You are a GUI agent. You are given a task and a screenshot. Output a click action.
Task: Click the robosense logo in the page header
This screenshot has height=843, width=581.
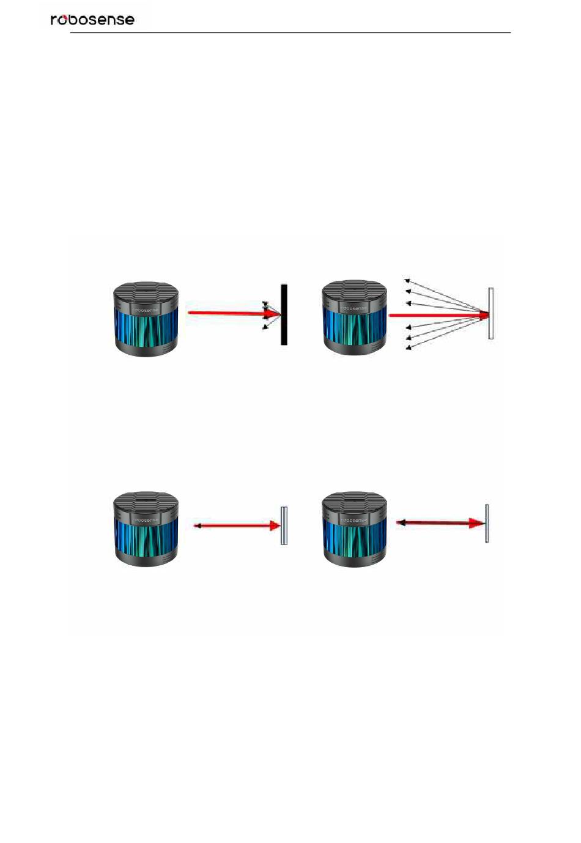(92, 20)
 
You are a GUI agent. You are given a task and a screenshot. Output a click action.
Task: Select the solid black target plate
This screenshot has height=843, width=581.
(284, 314)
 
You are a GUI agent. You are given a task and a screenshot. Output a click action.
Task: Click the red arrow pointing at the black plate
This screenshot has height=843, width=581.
(232, 313)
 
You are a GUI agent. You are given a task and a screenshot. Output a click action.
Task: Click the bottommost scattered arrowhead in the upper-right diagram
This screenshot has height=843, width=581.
(408, 347)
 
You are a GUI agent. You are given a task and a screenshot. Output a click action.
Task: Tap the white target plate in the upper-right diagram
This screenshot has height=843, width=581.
(490, 313)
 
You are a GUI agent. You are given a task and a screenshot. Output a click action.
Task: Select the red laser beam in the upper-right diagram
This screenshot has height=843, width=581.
(437, 316)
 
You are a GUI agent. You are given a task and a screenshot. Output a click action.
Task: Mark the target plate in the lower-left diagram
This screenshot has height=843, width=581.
(284, 525)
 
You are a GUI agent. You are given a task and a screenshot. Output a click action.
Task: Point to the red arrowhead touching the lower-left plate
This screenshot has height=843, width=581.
(275, 525)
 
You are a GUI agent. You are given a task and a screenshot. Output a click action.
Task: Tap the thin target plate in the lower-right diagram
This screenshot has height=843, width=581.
(487, 524)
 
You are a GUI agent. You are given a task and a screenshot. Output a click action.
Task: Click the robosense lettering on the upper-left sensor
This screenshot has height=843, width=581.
(145, 310)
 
